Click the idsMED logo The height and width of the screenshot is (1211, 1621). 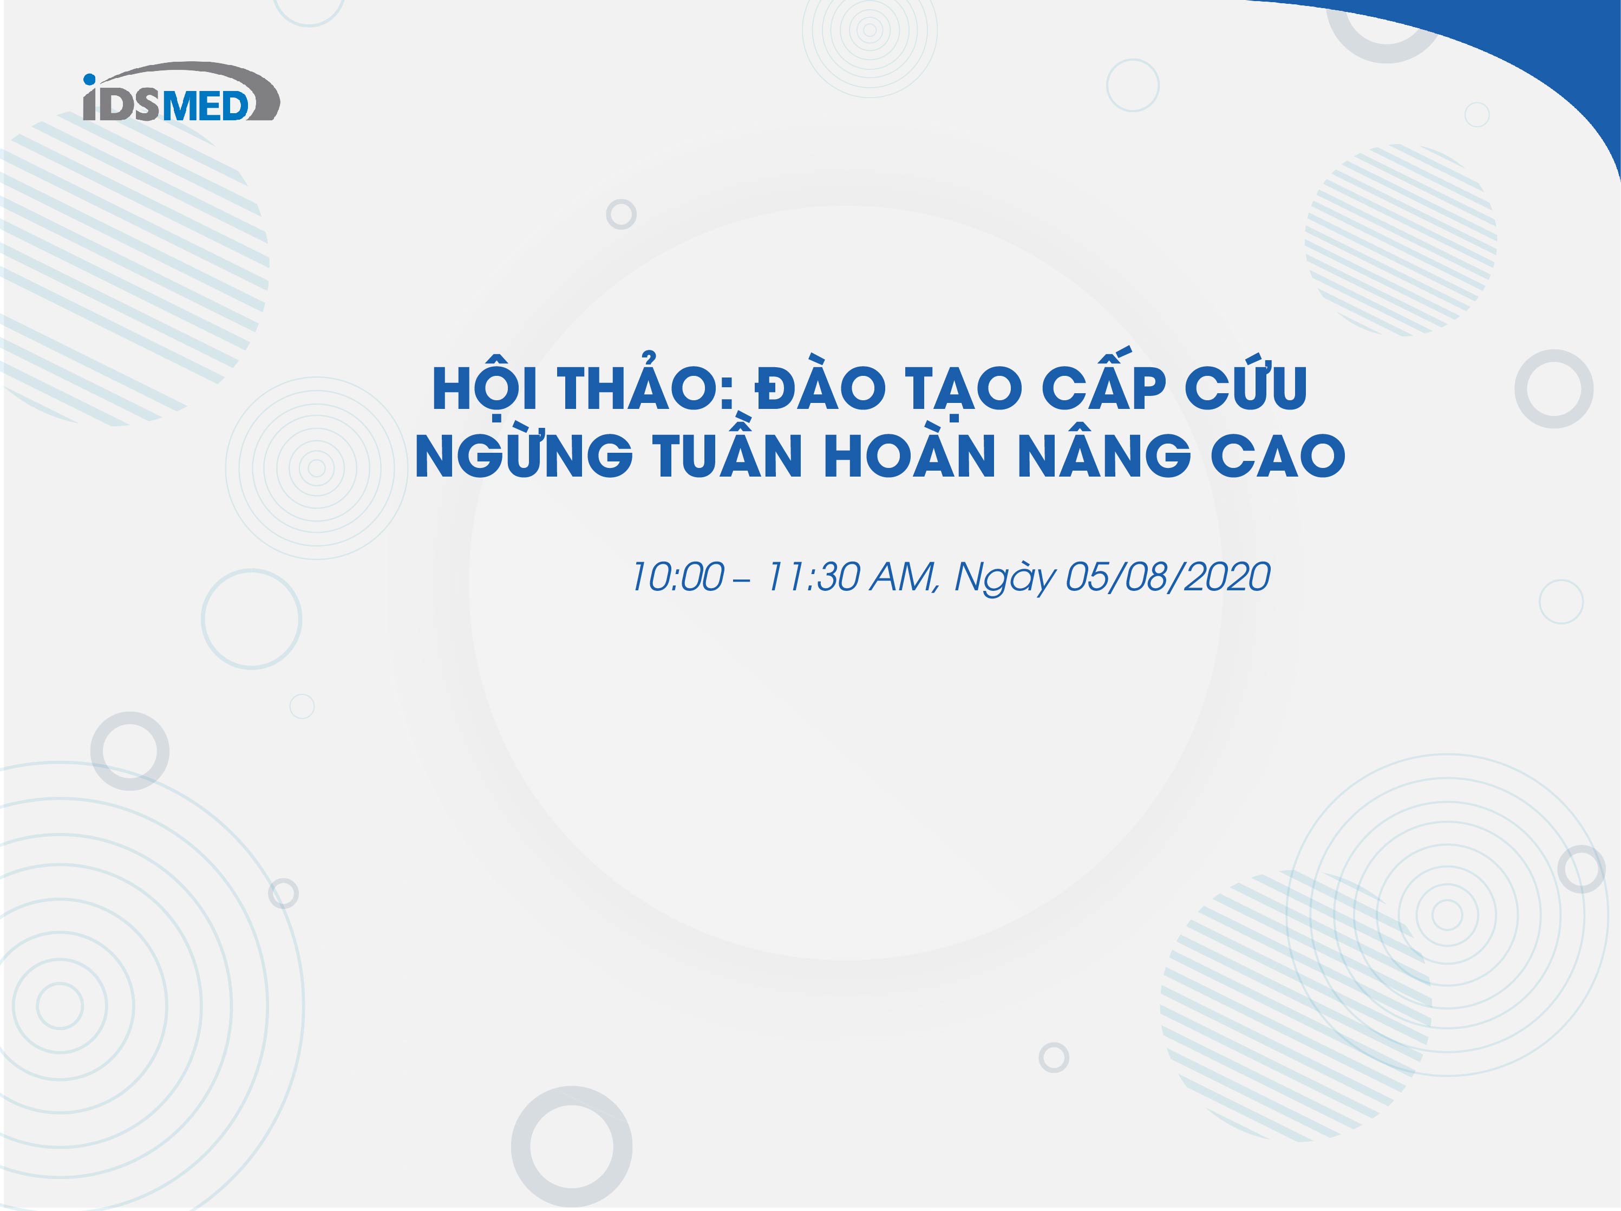click(181, 92)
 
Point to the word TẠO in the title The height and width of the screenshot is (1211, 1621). click(958, 390)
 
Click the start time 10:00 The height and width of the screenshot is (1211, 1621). click(678, 578)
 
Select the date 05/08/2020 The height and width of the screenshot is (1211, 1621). click(1167, 578)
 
